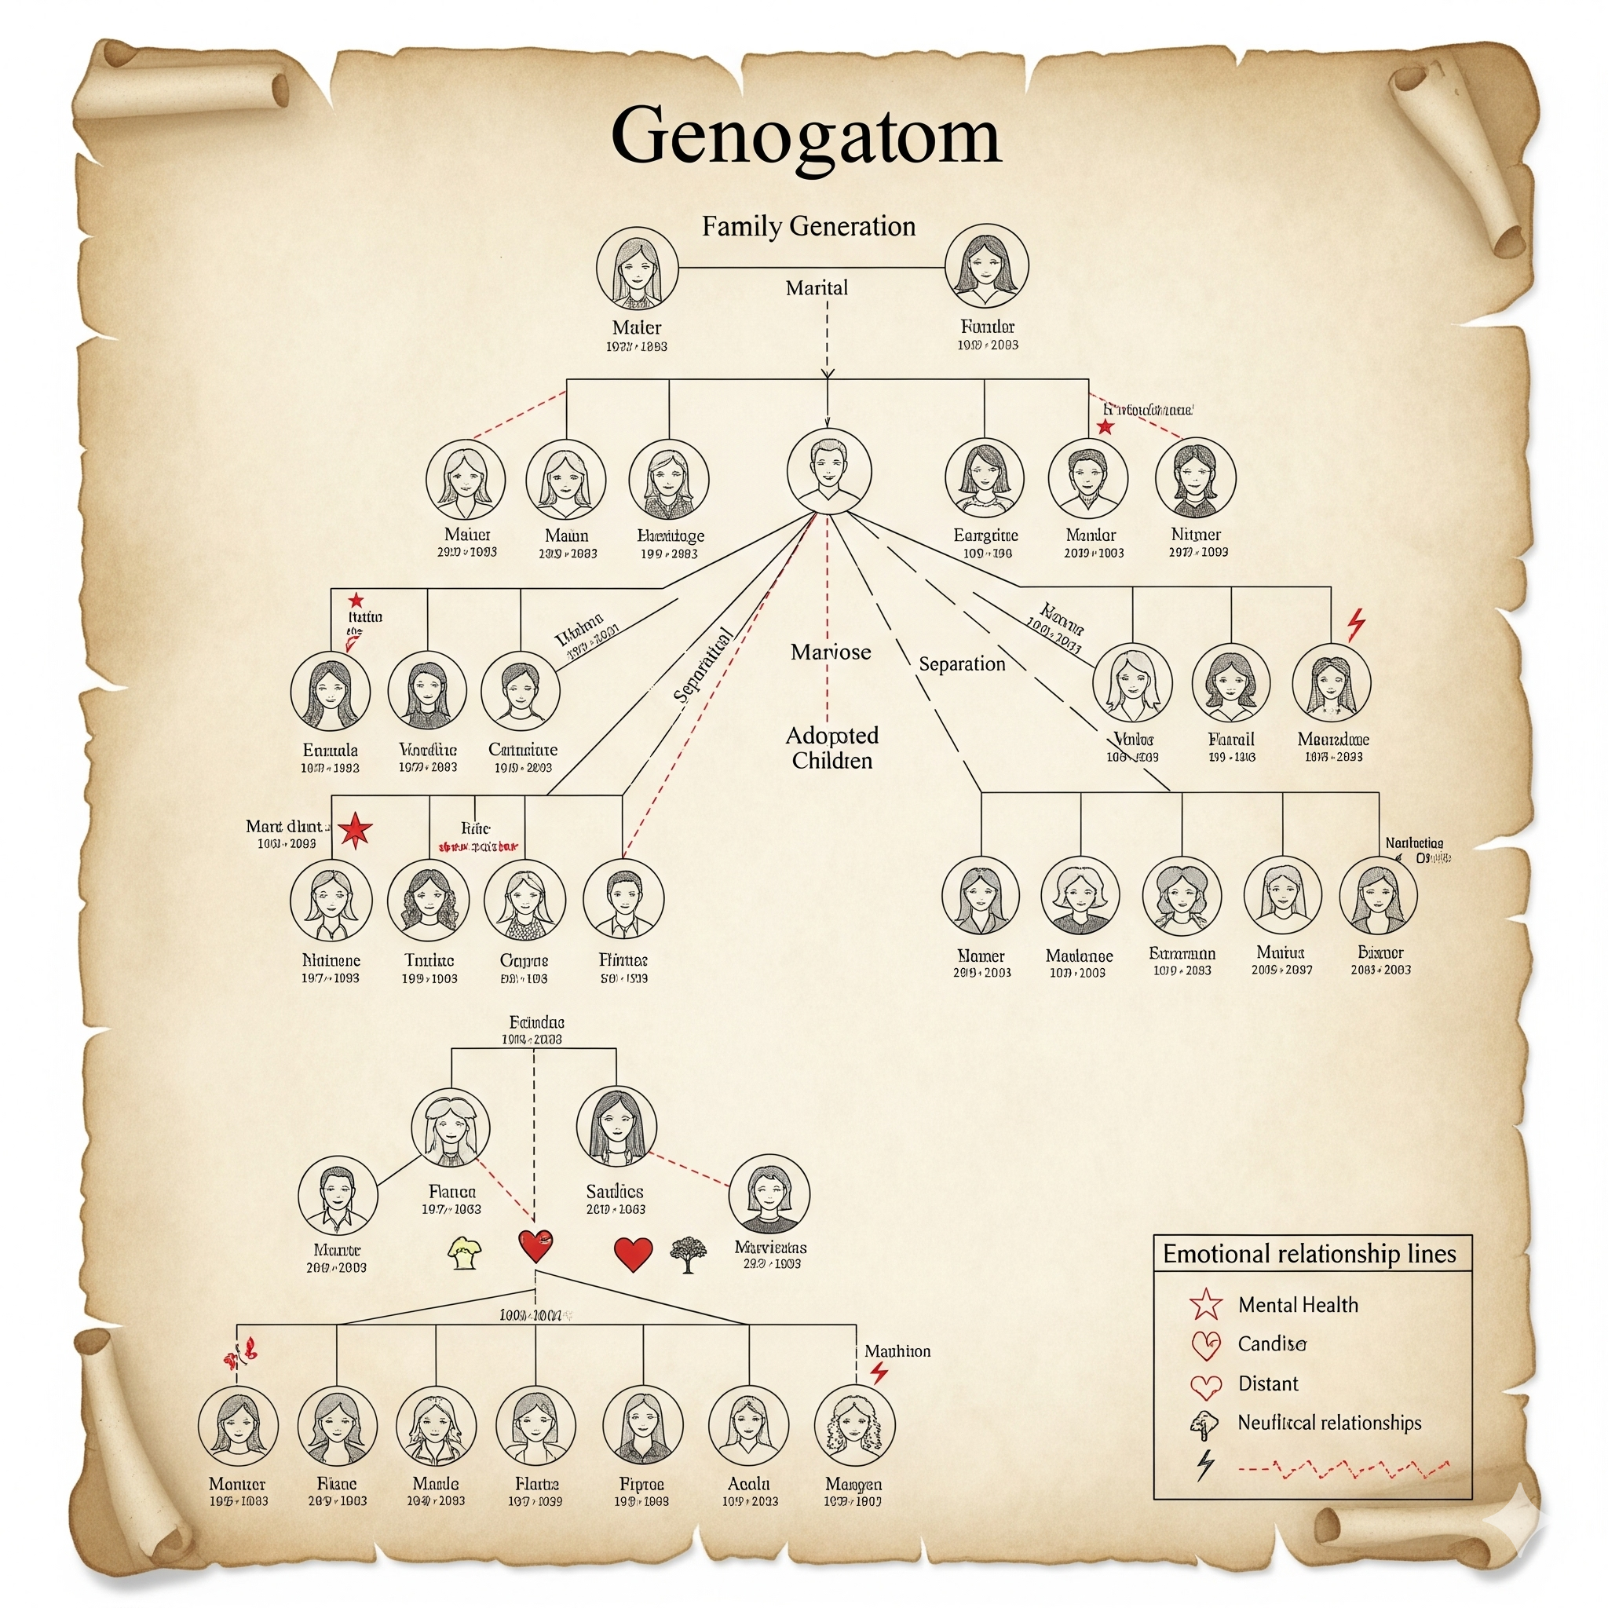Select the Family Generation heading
(x=808, y=226)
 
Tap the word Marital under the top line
(x=817, y=288)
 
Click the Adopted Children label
(x=831, y=747)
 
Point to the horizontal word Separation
(x=961, y=664)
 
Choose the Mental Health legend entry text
(x=1298, y=1305)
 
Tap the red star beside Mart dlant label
(x=356, y=830)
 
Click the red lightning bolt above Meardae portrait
(x=1356, y=623)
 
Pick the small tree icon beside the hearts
(x=688, y=1254)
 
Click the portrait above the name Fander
(x=987, y=266)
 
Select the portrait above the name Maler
(x=637, y=268)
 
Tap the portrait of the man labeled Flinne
(x=623, y=900)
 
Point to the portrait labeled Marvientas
(x=768, y=1194)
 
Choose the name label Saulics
(x=614, y=1192)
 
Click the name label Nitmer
(x=1196, y=535)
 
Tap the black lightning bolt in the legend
(x=1204, y=1464)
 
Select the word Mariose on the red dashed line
(x=831, y=652)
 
